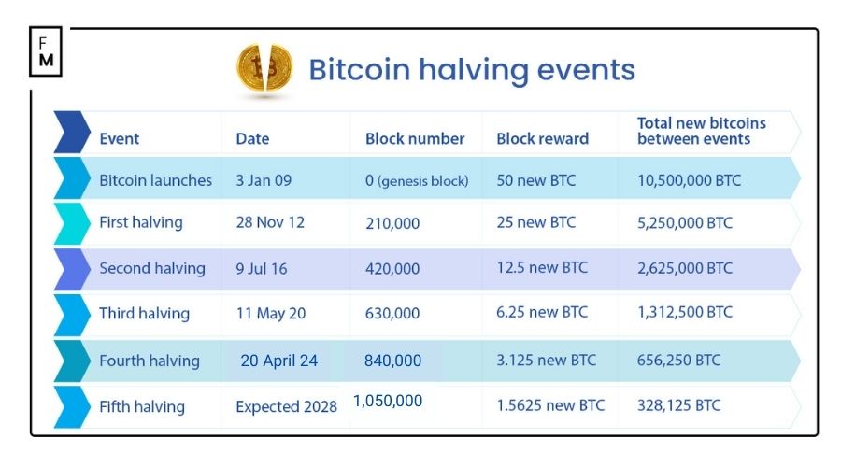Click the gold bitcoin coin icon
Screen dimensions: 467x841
coord(264,68)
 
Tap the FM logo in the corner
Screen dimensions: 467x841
coord(46,52)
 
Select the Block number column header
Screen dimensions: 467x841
coord(415,139)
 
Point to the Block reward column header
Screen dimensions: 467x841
coord(542,139)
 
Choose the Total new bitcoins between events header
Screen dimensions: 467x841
coord(701,131)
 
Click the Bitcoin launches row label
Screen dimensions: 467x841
coord(155,180)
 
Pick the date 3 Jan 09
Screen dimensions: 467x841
coord(264,180)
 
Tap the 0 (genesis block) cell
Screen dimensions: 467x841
coord(417,180)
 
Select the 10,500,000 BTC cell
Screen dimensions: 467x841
coord(689,180)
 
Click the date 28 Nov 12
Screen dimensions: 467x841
coord(270,223)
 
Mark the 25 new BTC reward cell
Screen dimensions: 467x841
coord(535,223)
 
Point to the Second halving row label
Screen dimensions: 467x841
coord(152,268)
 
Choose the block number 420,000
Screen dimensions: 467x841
coord(392,268)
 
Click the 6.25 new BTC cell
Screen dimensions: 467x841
coord(542,313)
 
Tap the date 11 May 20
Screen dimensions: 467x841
coord(271,314)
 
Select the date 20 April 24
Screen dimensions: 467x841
coord(279,361)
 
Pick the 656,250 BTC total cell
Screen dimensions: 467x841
coord(679,361)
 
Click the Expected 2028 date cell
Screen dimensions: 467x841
coord(286,406)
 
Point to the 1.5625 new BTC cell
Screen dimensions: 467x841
coord(550,405)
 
